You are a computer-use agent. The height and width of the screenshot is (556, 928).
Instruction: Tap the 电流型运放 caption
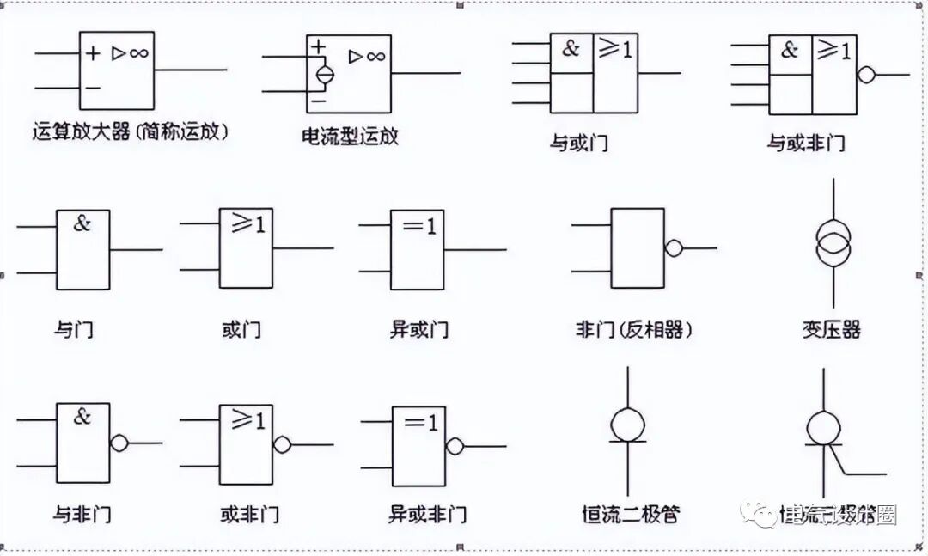tap(351, 137)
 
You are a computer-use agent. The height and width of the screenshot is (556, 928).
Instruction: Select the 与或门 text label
tap(579, 143)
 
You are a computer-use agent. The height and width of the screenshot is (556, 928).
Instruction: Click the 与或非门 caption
tap(806, 143)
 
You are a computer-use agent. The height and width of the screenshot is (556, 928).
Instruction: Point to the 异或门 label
tap(419, 329)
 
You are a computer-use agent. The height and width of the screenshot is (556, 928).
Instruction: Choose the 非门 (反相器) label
tap(635, 329)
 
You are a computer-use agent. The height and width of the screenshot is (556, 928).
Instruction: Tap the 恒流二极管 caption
tap(631, 514)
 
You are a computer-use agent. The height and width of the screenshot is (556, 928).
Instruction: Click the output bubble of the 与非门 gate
tap(119, 443)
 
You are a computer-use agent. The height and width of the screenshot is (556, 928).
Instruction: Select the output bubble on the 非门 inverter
tap(674, 248)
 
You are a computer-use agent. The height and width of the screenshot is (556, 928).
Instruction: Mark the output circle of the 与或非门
tap(866, 74)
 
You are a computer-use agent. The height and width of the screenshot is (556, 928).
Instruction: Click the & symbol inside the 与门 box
tap(82, 223)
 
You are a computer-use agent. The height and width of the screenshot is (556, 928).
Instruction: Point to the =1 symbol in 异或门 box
tap(419, 227)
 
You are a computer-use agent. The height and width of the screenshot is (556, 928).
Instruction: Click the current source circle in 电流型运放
tap(324, 75)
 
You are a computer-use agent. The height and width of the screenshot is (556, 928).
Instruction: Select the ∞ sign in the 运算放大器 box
tap(139, 53)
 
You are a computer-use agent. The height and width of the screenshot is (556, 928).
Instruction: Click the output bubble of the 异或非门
tap(455, 446)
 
